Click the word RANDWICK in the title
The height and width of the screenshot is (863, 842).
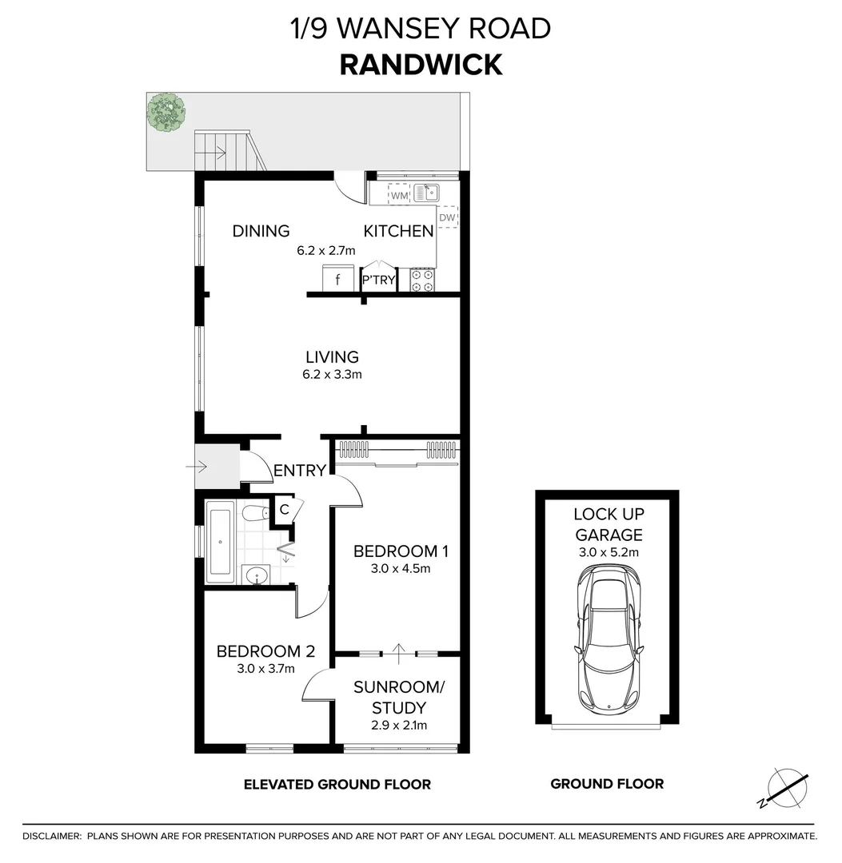tap(421, 64)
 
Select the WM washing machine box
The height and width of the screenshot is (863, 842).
tap(399, 194)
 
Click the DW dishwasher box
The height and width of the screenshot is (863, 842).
tap(447, 217)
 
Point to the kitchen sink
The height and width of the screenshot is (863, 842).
tap(426, 193)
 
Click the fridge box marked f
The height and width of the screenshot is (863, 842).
tap(337, 280)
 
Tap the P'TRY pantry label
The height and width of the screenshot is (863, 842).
tap(379, 280)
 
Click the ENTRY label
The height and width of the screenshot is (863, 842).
tap(300, 471)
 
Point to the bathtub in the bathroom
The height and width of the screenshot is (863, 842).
tap(220, 541)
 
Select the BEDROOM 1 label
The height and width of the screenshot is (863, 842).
tap(401, 551)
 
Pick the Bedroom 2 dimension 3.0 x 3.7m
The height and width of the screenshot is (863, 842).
tap(266, 669)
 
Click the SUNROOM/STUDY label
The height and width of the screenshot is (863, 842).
tap(398, 697)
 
